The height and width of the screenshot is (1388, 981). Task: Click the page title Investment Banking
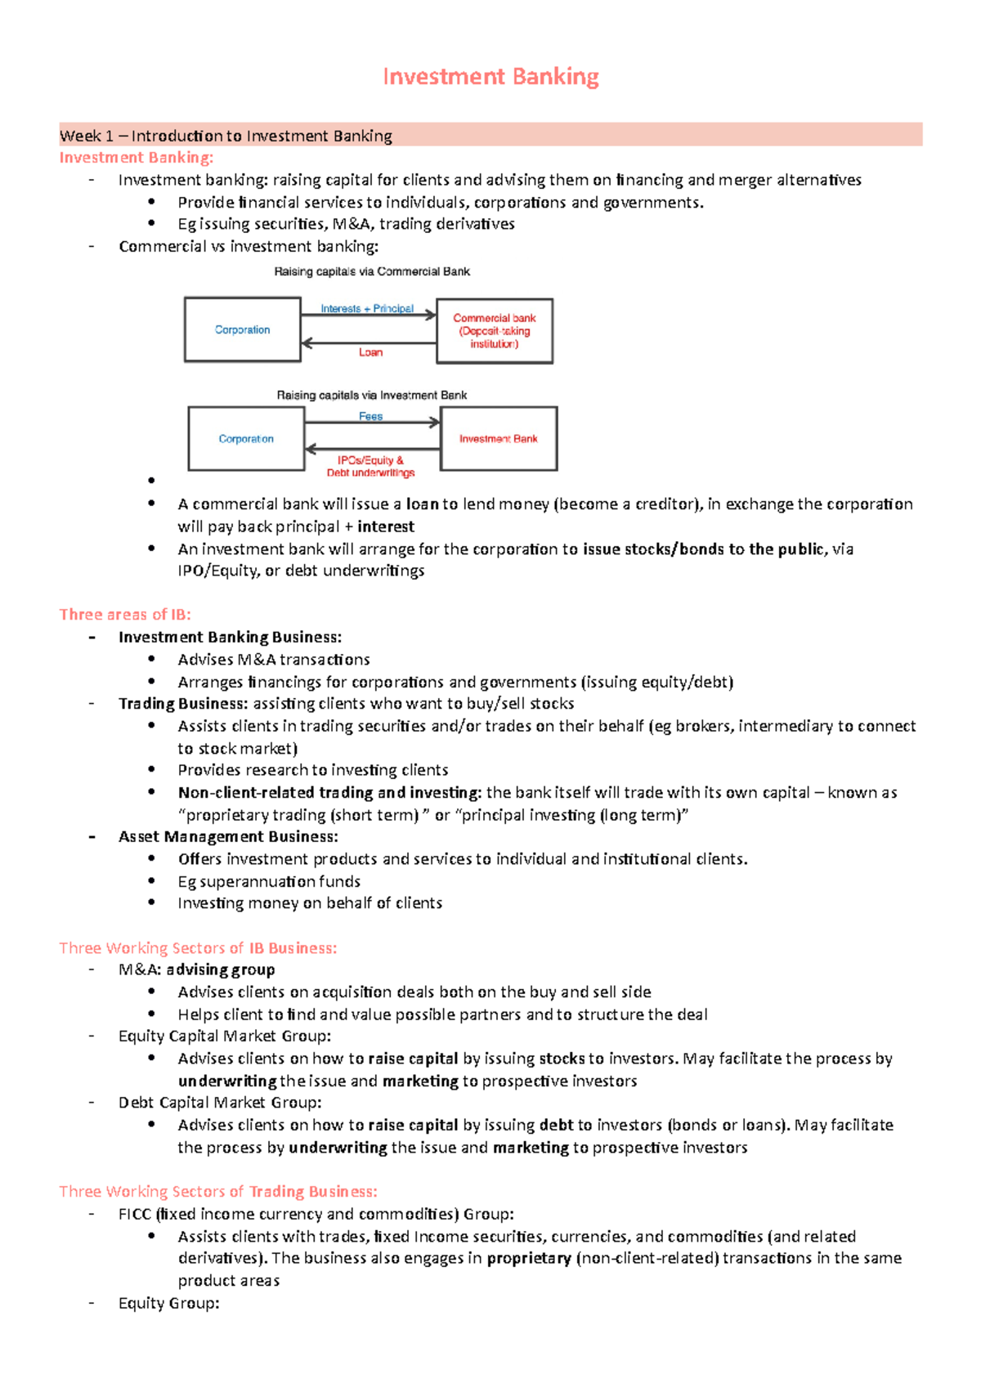point(490,77)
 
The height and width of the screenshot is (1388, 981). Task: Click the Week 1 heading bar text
point(226,136)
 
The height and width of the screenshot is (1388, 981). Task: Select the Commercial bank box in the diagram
point(495,330)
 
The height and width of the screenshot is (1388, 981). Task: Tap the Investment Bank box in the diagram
point(499,439)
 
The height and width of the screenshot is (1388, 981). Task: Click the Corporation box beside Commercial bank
point(242,329)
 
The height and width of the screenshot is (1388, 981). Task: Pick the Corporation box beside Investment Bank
point(246,439)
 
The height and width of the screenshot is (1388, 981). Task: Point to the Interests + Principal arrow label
point(367,308)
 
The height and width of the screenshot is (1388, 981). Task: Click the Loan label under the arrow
point(370,352)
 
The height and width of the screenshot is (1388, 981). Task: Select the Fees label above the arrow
point(370,416)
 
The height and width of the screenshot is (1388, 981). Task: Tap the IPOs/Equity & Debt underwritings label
point(370,466)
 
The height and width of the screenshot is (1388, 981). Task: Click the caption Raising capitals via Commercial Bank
point(372,271)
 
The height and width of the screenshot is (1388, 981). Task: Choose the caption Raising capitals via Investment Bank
point(372,395)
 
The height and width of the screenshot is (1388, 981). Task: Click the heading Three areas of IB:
point(125,615)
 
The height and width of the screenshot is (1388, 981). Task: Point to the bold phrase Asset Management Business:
point(228,836)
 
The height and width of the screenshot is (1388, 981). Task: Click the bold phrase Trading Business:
point(182,704)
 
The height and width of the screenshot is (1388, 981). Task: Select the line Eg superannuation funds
point(269,881)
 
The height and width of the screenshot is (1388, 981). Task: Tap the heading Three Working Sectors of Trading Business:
point(218,1191)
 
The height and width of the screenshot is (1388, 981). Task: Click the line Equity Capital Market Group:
point(225,1036)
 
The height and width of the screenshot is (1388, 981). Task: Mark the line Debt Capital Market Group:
point(220,1103)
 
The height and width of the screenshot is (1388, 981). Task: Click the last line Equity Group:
point(169,1303)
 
